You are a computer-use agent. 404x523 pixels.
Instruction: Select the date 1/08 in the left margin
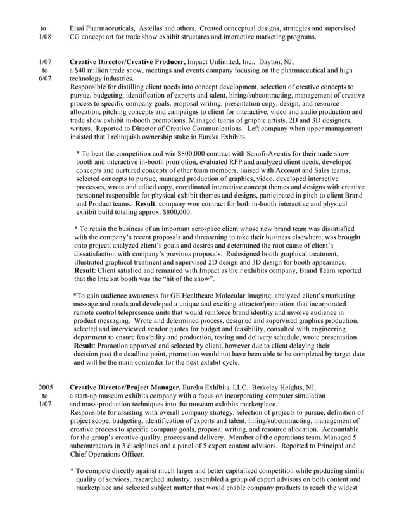click(44, 37)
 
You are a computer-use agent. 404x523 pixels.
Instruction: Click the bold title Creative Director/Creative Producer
click(127, 61)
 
